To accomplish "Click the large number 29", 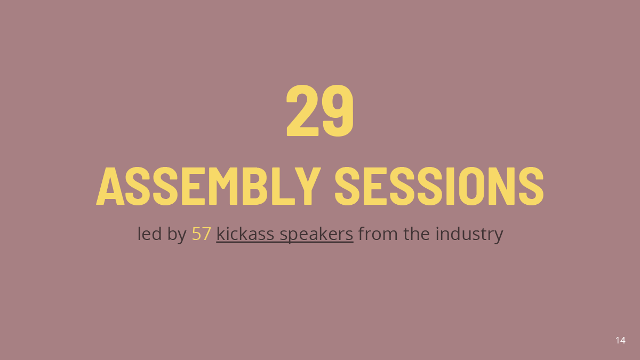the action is pyautogui.click(x=320, y=110).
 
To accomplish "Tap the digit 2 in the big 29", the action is pyautogui.click(x=302, y=110).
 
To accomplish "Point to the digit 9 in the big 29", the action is pyautogui.click(x=338, y=110).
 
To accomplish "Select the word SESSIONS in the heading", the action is pyautogui.click(x=439, y=186).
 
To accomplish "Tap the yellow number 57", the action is pyautogui.click(x=202, y=234).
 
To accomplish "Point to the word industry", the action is pyautogui.click(x=469, y=234).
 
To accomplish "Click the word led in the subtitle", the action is pyautogui.click(x=149, y=234).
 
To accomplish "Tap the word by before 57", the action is pyautogui.click(x=177, y=234).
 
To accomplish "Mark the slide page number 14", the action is pyautogui.click(x=620, y=340).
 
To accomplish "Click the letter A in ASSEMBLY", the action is pyautogui.click(x=110, y=186).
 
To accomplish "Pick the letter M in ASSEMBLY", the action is pyautogui.click(x=223, y=186).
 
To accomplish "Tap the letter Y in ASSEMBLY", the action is pyautogui.click(x=308, y=186).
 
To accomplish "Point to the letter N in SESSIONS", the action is pyautogui.click(x=502, y=186).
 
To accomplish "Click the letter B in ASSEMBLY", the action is pyautogui.click(x=255, y=186).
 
